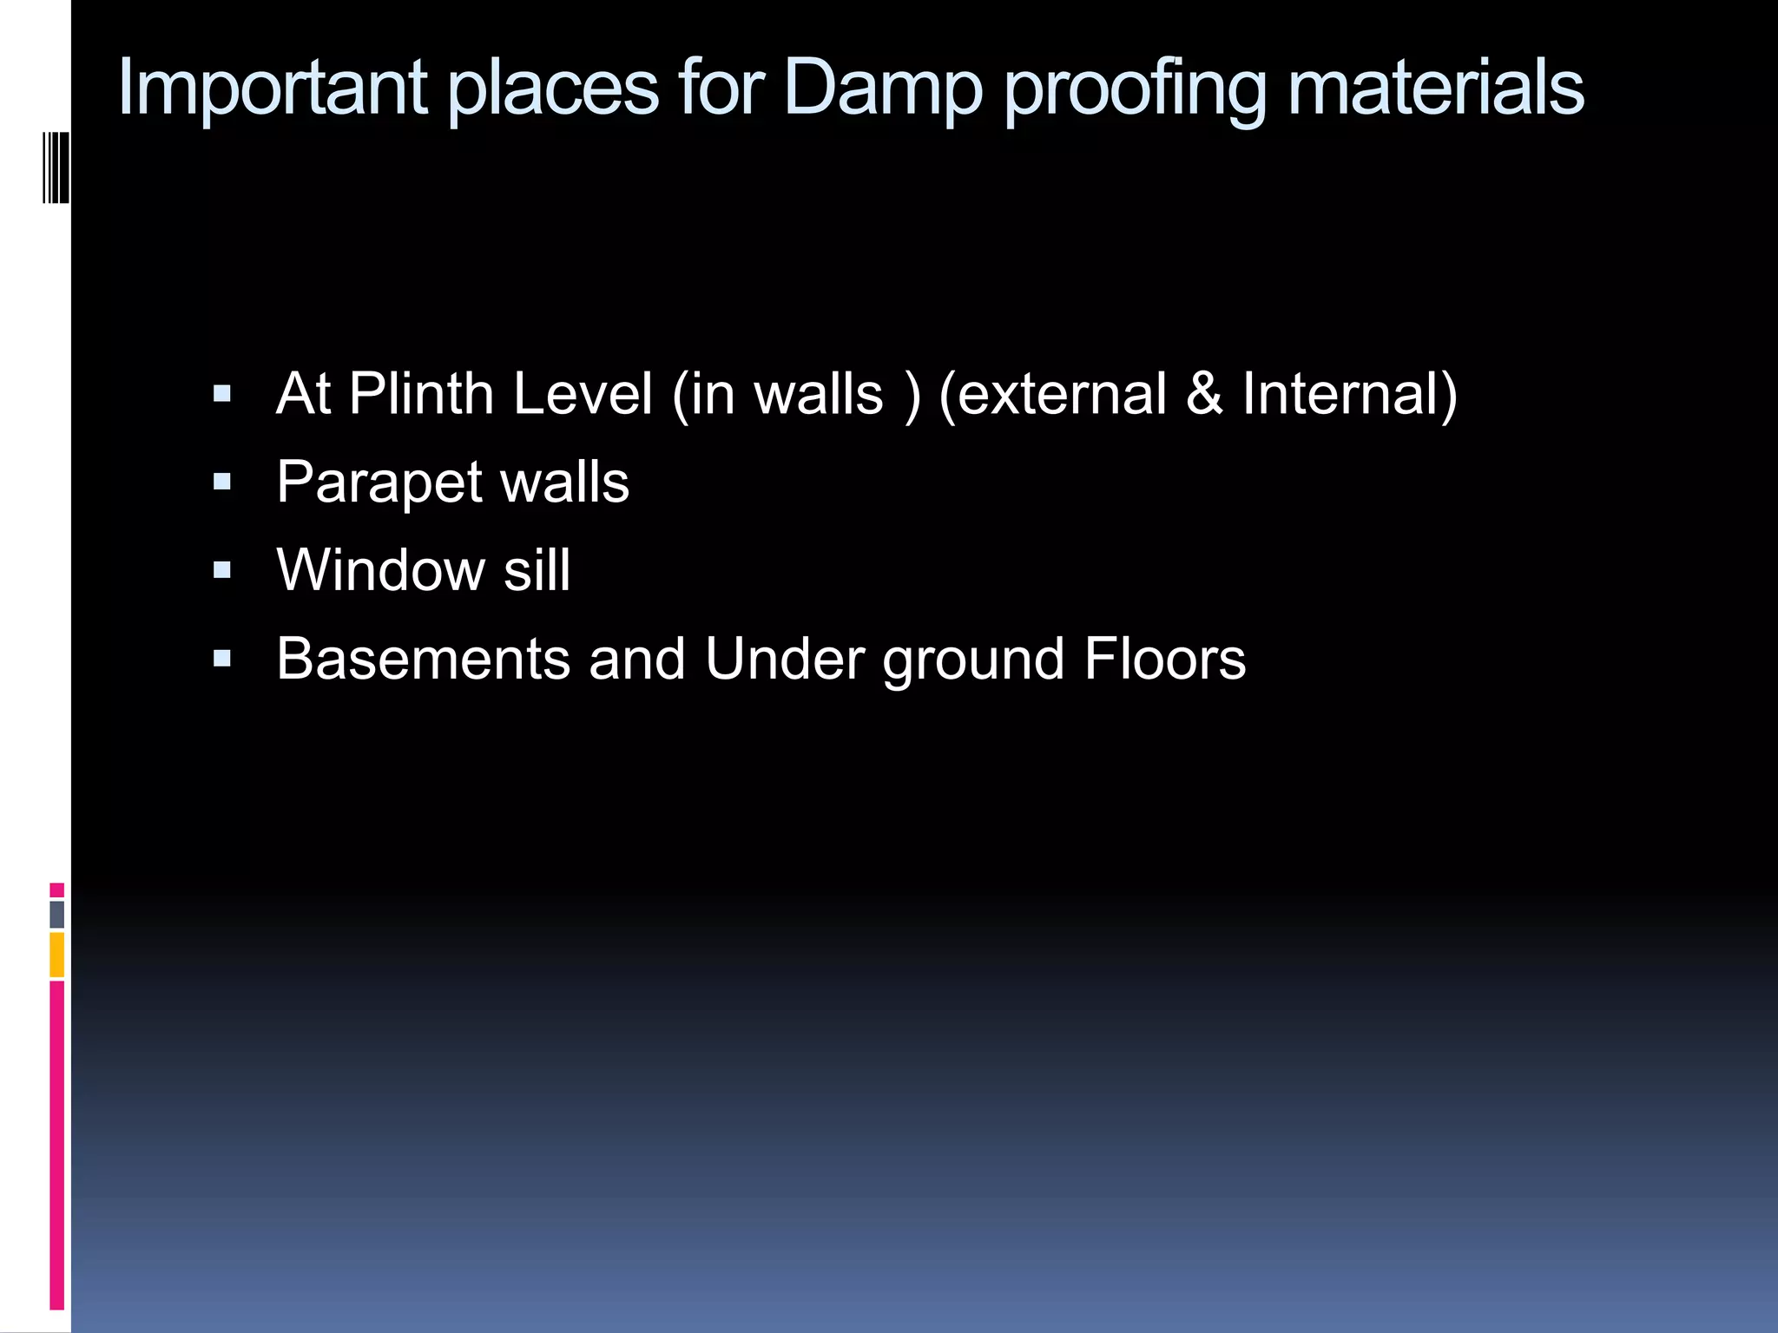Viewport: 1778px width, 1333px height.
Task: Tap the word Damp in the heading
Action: point(882,88)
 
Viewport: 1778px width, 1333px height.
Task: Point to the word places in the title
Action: point(553,89)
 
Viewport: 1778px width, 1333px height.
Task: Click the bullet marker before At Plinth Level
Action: point(222,395)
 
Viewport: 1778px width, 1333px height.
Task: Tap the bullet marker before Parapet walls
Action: point(222,483)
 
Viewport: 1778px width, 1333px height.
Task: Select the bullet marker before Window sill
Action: point(222,571)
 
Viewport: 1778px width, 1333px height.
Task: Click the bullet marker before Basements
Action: point(222,660)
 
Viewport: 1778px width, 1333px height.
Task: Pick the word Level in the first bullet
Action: point(582,395)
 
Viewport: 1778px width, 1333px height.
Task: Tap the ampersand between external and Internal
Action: point(1204,395)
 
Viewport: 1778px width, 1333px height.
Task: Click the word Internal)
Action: point(1349,395)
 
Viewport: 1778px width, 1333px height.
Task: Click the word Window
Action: point(380,571)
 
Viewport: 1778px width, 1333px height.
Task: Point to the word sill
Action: point(537,571)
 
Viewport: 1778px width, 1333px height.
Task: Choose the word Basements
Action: point(423,660)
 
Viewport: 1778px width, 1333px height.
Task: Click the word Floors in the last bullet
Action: point(1164,660)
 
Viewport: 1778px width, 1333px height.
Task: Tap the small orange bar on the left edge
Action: point(57,955)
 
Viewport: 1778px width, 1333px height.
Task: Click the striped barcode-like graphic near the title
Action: point(56,167)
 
